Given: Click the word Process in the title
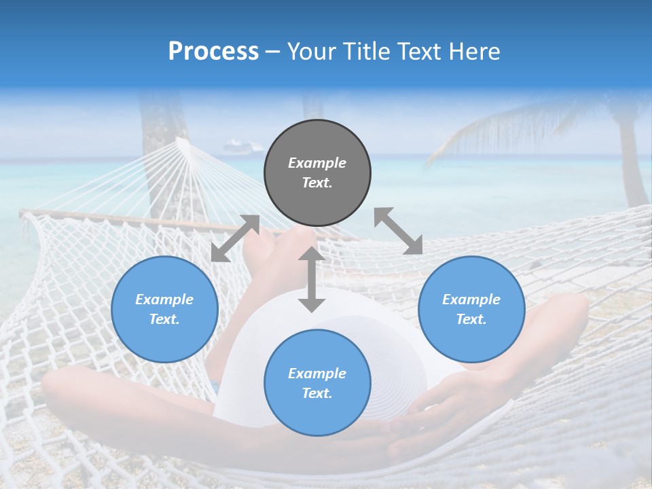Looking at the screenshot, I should point(213,52).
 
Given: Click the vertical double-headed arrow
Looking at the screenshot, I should point(312,279).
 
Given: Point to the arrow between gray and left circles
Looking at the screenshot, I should point(235,238).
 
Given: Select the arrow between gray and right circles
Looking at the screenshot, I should point(398,231).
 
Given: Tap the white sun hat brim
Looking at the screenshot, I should point(244,353).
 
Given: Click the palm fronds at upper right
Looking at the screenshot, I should point(516,126).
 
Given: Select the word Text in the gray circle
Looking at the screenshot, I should point(316,183).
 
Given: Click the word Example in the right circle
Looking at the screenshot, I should point(471,300).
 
